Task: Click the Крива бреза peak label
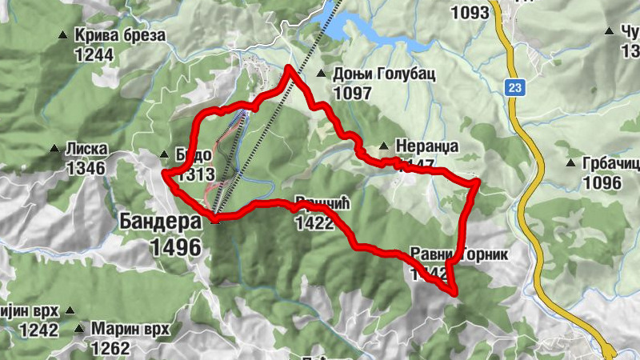click(x=119, y=36)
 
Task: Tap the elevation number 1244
click(x=94, y=54)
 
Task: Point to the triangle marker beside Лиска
click(x=54, y=149)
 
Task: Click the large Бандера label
click(x=160, y=221)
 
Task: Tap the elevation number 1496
click(x=175, y=248)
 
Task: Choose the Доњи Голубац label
click(x=372, y=74)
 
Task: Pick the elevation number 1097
click(x=352, y=93)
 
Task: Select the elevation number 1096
click(x=602, y=183)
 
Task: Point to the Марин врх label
click(x=130, y=329)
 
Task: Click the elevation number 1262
click(x=110, y=348)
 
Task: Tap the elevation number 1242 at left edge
click(x=39, y=330)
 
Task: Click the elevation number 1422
click(x=314, y=223)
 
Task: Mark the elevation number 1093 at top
click(x=470, y=13)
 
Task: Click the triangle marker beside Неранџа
click(x=385, y=146)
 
